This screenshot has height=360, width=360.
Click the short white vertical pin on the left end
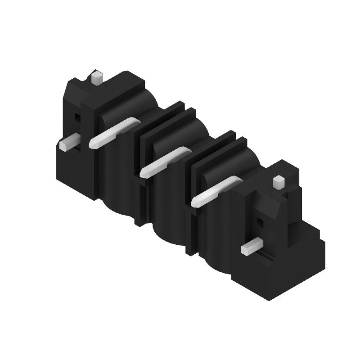click(96, 78)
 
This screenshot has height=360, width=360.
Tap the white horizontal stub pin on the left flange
click(69, 143)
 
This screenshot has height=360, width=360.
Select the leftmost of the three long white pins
click(115, 133)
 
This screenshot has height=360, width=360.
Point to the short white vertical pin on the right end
click(279, 182)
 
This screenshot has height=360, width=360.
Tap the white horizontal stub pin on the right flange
click(252, 247)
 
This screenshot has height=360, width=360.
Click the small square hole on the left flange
click(77, 118)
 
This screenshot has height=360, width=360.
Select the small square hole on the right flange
click(260, 221)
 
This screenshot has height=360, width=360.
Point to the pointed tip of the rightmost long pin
click(195, 202)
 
